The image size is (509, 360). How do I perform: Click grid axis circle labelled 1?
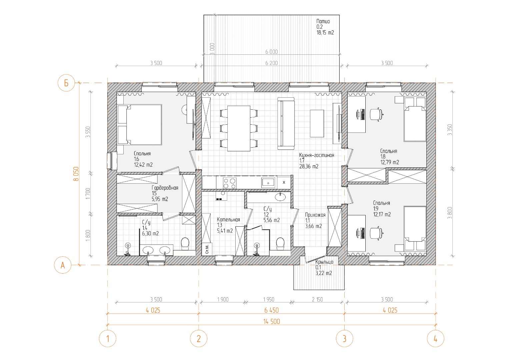107,339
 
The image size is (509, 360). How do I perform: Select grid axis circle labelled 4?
436,339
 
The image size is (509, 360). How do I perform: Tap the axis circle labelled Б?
66,83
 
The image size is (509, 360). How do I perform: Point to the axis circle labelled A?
63,265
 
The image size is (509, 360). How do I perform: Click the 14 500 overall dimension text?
272,322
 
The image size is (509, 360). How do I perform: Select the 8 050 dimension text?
76,174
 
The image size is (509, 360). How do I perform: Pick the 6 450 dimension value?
271,310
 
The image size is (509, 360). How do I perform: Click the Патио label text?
323,21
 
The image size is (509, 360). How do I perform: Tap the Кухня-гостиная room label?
317,155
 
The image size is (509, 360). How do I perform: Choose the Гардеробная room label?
165,188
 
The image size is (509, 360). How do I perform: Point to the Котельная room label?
228,220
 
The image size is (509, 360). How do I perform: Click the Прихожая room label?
315,215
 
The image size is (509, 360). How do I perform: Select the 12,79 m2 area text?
390,162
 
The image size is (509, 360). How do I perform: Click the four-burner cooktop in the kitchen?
230,183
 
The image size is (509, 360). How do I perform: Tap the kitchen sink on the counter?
268,183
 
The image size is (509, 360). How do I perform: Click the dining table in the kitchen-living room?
239,128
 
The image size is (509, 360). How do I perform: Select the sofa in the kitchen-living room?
286,123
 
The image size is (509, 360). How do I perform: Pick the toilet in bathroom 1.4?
185,244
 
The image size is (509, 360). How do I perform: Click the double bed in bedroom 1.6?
140,125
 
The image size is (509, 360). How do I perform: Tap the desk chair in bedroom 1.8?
376,114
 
